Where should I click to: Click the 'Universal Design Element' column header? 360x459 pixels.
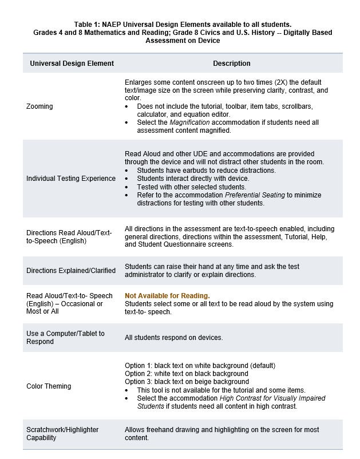coord(72,64)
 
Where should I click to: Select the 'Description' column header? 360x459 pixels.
coord(231,64)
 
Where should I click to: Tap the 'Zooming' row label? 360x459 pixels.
coord(39,106)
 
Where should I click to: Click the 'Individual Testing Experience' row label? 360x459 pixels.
coord(71,179)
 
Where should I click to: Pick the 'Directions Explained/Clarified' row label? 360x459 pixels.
coord(71,270)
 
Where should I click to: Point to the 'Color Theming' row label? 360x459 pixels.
coord(49,386)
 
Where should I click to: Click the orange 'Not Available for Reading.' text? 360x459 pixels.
coord(167,295)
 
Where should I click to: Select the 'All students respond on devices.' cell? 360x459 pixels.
coord(173,338)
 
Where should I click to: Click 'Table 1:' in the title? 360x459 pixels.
coord(88,25)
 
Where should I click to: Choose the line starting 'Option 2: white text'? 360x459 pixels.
coord(186,374)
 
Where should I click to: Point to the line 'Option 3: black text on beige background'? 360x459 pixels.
coord(187,382)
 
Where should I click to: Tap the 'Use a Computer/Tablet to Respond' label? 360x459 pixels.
coord(65,338)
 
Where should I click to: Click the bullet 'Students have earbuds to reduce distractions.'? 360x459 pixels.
coord(206,171)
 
